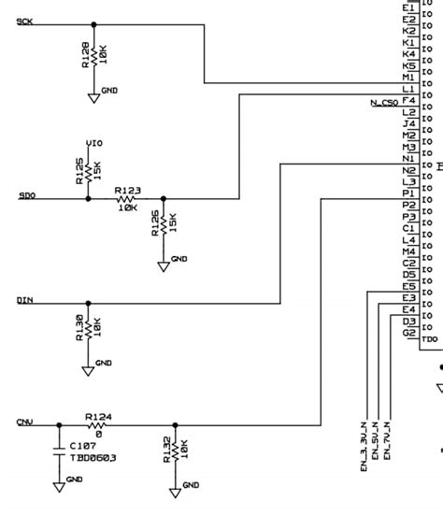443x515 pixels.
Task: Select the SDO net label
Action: (x=26, y=195)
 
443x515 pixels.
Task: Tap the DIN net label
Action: (x=25, y=300)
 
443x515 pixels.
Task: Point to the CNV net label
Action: (x=25, y=422)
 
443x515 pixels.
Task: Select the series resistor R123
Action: (x=126, y=199)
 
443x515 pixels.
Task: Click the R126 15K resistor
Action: (x=164, y=225)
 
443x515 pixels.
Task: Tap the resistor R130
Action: (x=89, y=329)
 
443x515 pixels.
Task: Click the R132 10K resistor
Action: (x=175, y=451)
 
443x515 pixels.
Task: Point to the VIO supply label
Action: (x=94, y=142)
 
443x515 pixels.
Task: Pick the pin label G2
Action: (x=408, y=333)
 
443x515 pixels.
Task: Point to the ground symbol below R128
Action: (x=93, y=95)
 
